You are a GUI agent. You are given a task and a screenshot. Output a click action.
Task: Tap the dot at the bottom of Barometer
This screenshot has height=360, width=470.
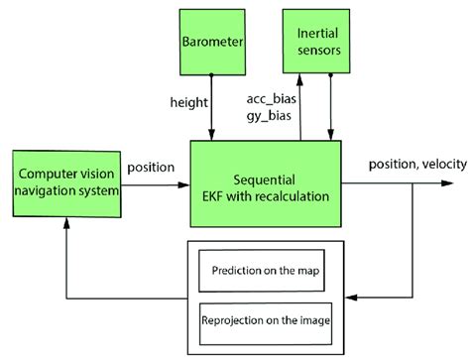[212, 74]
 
